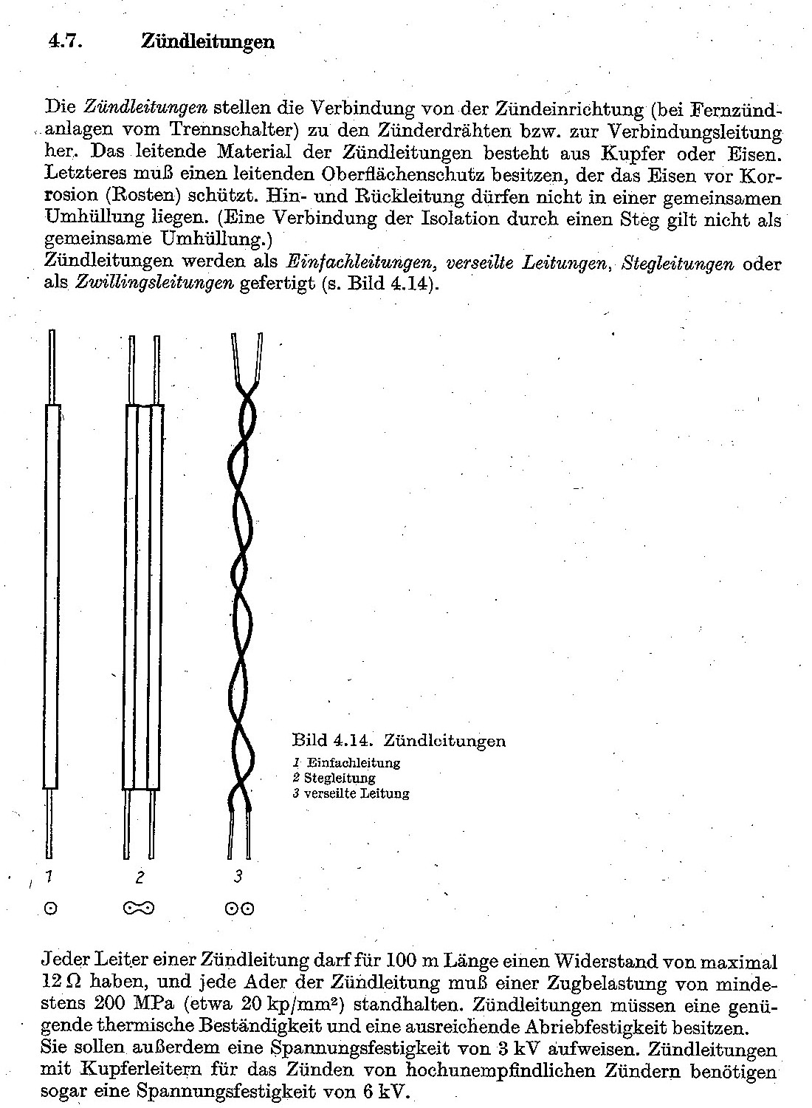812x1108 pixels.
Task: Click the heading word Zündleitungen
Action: tap(207, 41)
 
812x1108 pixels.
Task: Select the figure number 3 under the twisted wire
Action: tap(238, 876)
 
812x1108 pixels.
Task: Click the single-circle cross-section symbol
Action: tap(50, 909)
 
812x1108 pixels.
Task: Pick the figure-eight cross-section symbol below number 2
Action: tap(139, 908)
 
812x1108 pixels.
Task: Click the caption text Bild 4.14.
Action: tap(334, 740)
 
